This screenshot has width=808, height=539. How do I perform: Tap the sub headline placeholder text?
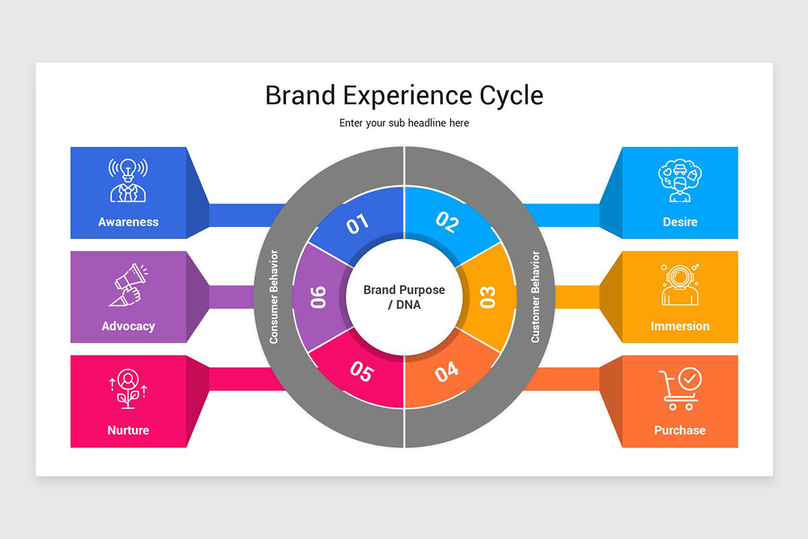404,123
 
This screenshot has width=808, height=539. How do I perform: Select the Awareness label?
128,222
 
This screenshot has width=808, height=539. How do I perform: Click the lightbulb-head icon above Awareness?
128,180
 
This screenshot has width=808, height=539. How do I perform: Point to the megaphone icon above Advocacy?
128,284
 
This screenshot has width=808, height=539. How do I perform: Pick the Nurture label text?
128,430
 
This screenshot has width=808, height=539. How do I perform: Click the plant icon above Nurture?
128,389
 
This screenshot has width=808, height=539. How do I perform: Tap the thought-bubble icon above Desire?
679,180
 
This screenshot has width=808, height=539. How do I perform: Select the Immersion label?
679,326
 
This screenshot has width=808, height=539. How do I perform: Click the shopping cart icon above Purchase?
679,389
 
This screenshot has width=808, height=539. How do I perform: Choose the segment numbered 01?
358,223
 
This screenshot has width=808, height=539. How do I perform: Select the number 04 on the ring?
446,371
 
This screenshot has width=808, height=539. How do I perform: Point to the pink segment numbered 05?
362,372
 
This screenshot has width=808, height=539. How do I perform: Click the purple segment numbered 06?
318,297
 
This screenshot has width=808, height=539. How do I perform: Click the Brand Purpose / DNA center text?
404,297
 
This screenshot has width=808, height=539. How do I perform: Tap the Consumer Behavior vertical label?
274,297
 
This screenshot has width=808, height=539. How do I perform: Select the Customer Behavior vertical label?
535,297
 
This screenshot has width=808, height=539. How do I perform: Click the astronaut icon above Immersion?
679,284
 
